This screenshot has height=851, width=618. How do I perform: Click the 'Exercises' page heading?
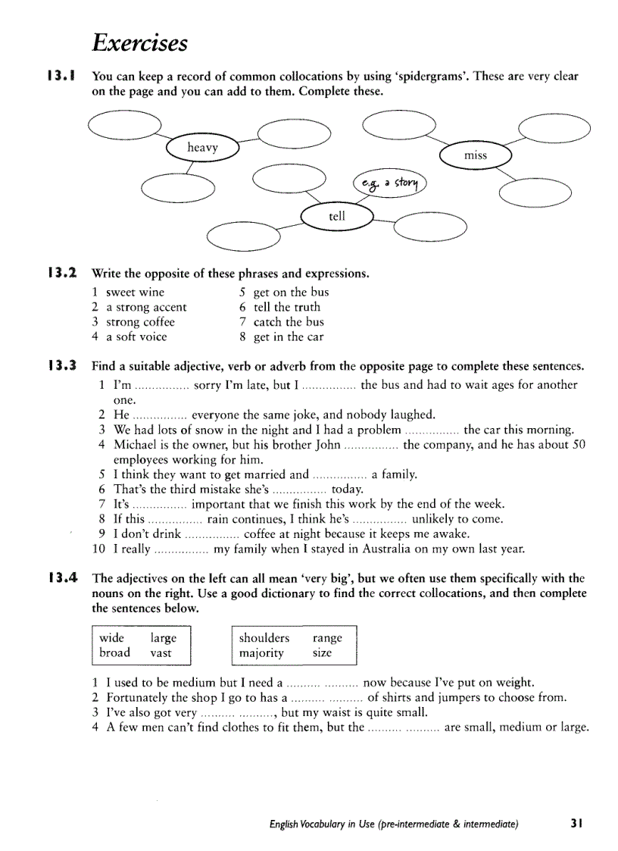coord(139,42)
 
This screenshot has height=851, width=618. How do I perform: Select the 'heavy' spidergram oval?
coord(202,148)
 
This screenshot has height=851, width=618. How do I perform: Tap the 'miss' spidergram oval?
coord(476,155)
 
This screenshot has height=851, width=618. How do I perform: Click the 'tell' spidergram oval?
coord(337,217)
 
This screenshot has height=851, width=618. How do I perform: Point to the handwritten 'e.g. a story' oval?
coord(391,183)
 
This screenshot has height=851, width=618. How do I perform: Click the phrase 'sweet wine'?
coord(135,293)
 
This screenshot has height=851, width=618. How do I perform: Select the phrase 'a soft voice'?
coord(136,336)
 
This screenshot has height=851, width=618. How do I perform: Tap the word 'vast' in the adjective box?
coord(161,652)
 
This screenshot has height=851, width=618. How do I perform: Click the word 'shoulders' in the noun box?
coord(264,638)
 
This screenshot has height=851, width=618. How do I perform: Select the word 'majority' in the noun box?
coord(261,652)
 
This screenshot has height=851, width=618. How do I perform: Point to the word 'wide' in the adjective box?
coord(112,638)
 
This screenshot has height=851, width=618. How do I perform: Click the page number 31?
coord(576,822)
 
